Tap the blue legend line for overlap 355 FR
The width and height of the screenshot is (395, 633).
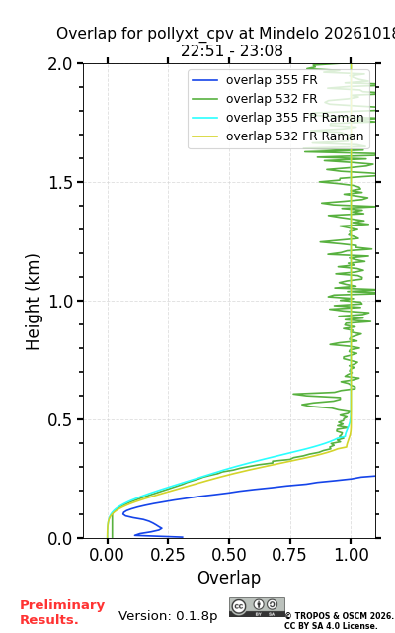(204, 80)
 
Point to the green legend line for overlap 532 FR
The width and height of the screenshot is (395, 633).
(204, 99)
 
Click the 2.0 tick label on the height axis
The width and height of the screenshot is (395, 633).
(60, 63)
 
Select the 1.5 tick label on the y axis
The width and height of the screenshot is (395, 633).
(60, 182)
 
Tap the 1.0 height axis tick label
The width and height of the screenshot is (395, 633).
(60, 301)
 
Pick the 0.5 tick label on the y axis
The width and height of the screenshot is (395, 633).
(60, 419)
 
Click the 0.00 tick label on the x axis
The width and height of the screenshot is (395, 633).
(107, 555)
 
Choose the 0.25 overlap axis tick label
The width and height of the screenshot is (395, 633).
(168, 555)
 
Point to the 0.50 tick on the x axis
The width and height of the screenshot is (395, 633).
(229, 555)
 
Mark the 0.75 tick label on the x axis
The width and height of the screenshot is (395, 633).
(289, 555)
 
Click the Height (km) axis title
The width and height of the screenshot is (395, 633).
(33, 302)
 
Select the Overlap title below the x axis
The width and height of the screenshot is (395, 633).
(229, 578)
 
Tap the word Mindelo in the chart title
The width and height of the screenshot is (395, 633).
(289, 33)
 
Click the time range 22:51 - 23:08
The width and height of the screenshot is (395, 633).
(232, 50)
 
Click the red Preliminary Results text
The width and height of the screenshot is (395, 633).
(62, 612)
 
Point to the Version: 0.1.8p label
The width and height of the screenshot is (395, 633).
(168, 616)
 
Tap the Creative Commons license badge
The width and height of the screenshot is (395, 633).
(257, 607)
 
